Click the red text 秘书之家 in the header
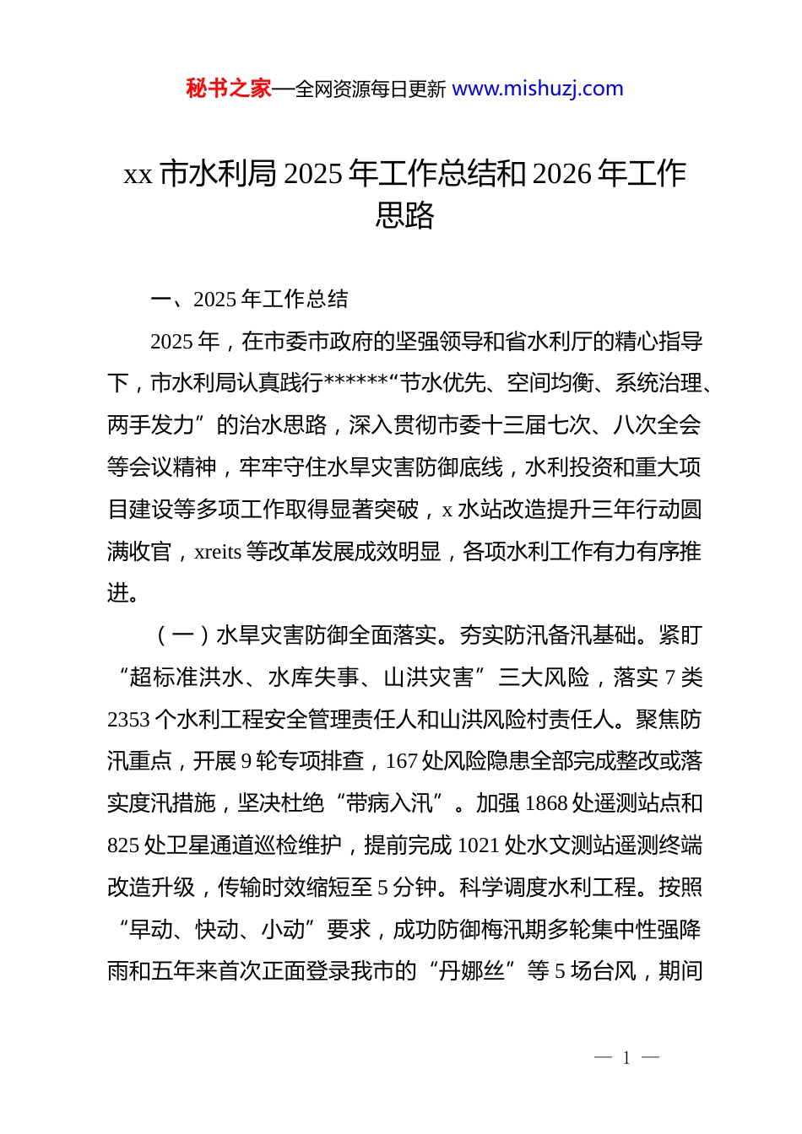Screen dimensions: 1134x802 point(228,89)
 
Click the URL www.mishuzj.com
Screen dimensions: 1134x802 point(538,89)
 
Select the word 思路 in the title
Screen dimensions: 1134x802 point(404,215)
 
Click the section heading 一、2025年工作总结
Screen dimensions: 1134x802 point(249,300)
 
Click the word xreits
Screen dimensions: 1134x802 point(218,552)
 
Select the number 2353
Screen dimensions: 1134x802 point(128,720)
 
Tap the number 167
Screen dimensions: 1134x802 point(402,762)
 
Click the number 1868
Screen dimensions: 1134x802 point(545,803)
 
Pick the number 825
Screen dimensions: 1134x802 point(123,845)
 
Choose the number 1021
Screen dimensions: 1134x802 point(478,845)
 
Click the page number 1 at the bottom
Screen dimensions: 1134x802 point(626,1058)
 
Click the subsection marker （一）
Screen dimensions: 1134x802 point(183,635)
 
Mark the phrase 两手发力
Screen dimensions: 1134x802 point(152,425)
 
